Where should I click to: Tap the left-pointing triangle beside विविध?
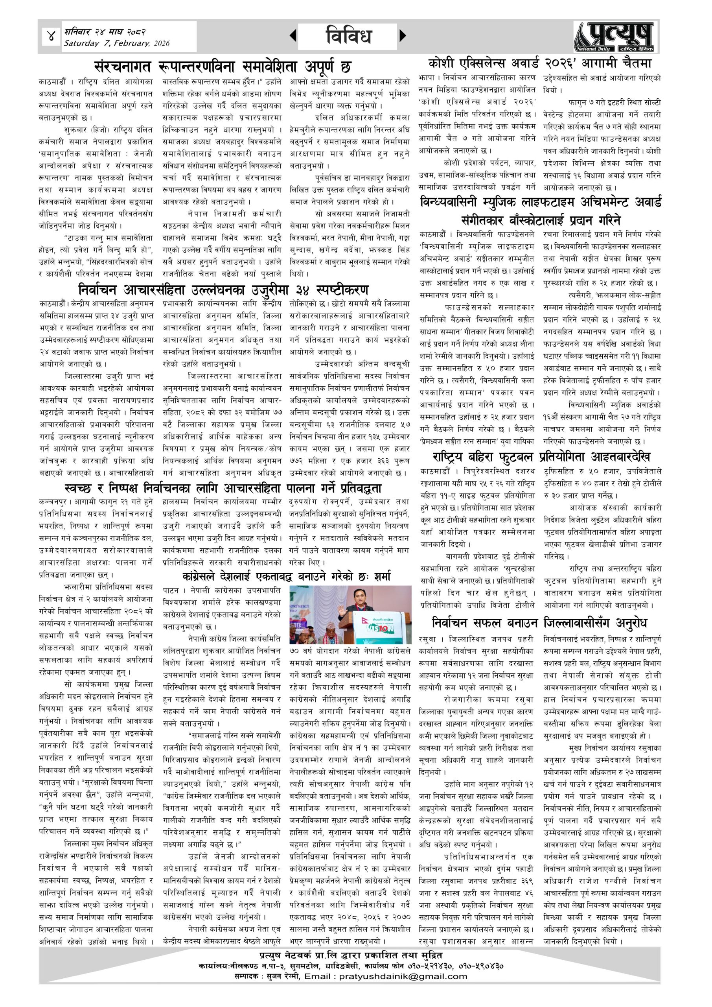293,35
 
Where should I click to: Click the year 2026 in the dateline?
161,43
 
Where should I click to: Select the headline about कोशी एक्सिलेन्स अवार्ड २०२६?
540,63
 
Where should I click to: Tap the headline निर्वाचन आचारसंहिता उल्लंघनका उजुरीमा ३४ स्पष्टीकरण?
223,290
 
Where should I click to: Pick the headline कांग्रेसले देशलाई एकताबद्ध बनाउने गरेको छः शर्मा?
286,577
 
